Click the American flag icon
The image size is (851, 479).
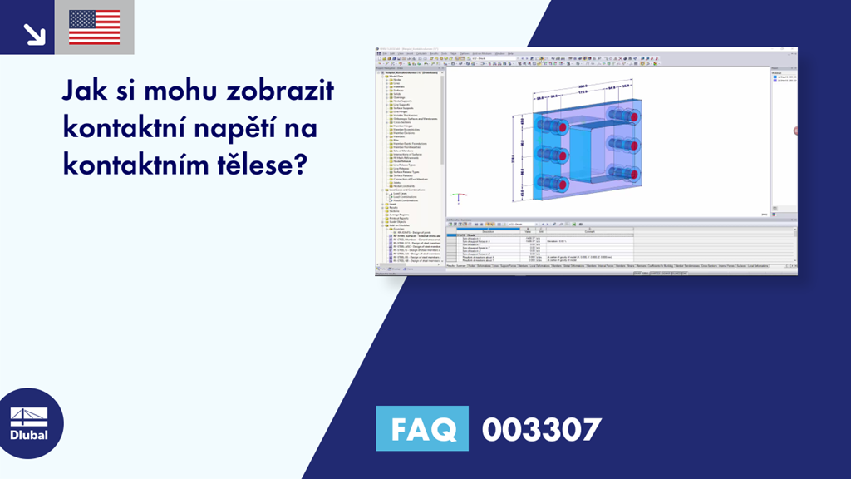[x=94, y=27]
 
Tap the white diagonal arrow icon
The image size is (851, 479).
[x=33, y=32]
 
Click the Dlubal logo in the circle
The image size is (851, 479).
[x=28, y=424]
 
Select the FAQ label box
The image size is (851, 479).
[x=422, y=429]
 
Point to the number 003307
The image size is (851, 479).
[x=541, y=430]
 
